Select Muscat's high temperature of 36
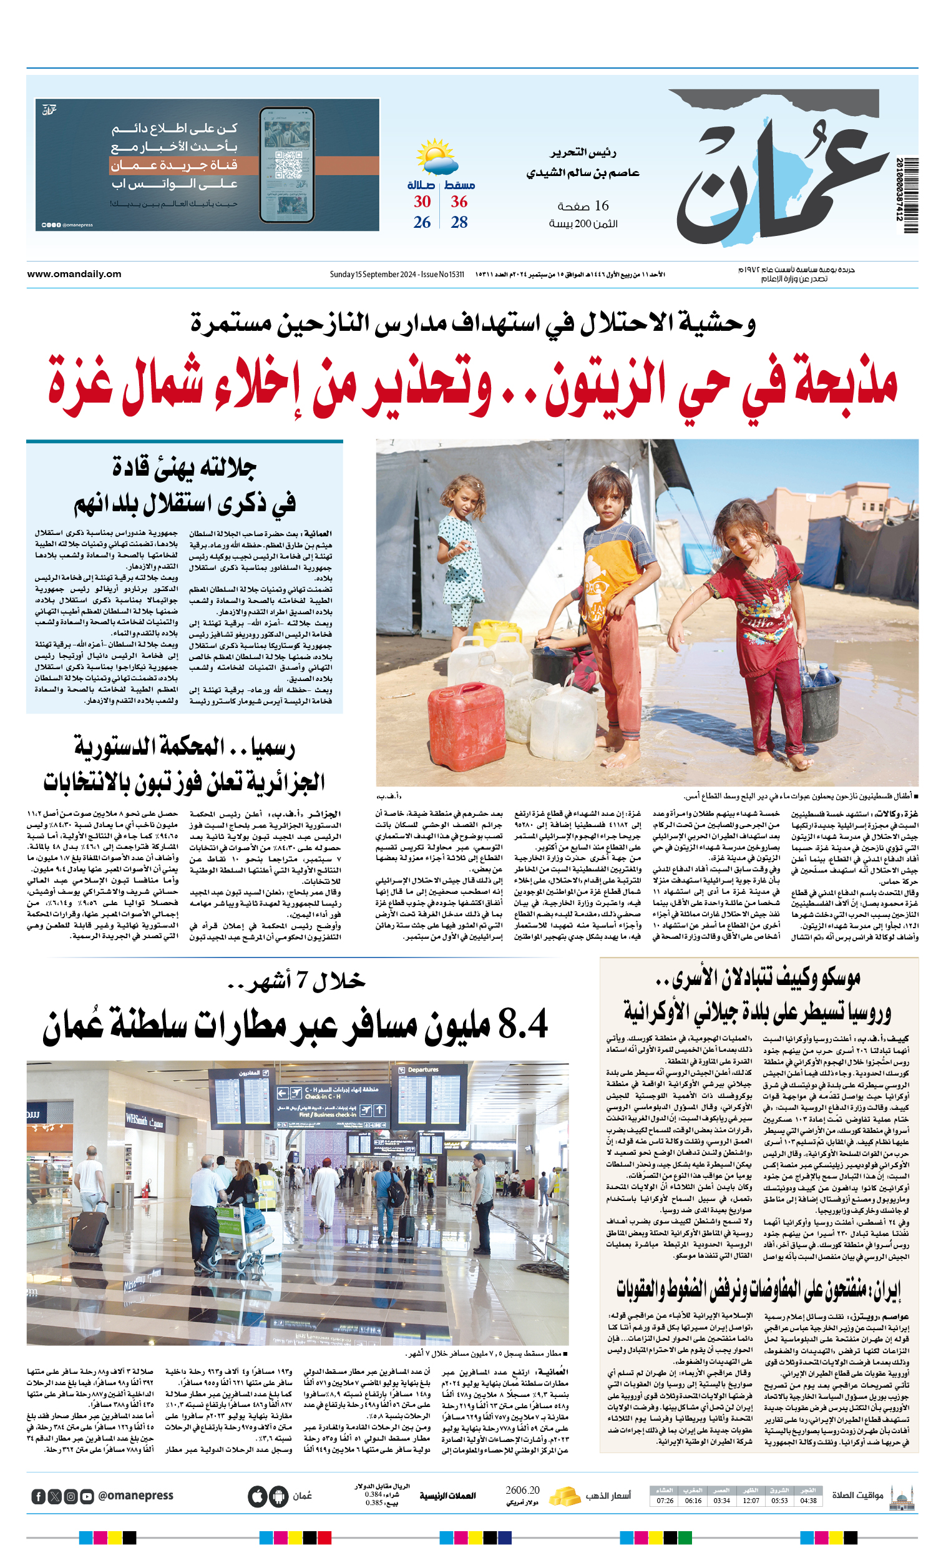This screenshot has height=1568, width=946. tap(459, 202)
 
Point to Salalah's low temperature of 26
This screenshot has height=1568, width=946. tap(422, 222)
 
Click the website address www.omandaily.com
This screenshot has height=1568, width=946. tap(74, 274)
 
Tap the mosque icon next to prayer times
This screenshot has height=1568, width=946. tap(902, 1497)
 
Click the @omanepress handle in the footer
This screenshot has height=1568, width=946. tap(135, 1496)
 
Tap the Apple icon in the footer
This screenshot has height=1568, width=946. tap(257, 1496)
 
